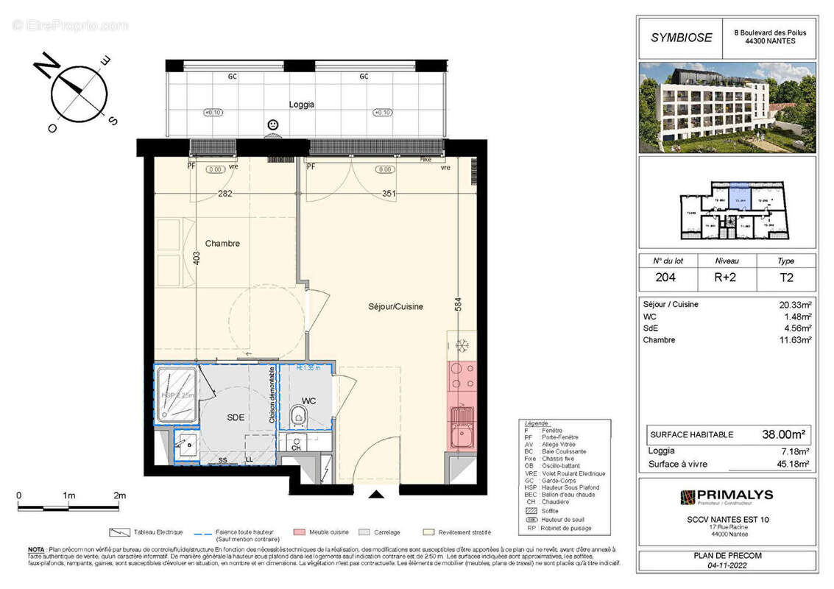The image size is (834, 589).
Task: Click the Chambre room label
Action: click(222, 244)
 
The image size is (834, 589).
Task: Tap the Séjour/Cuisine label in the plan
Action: click(395, 307)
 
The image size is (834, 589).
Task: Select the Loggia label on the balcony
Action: click(302, 105)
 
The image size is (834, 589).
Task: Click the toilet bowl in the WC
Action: click(299, 415)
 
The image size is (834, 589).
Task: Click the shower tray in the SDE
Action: click(176, 395)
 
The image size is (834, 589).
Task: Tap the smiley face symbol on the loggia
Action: click(273, 125)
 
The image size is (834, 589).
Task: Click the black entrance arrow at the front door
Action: click(376, 494)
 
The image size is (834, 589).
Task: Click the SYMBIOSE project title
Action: click(681, 38)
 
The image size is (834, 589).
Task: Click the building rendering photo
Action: click(727, 107)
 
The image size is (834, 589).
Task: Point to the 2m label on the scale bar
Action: click(119, 495)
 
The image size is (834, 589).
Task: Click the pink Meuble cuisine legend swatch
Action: click(299, 532)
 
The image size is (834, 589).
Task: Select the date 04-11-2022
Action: click(727, 565)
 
